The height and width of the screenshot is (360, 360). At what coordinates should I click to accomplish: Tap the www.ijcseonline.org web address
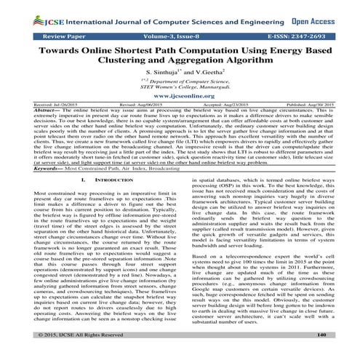pyautogui.click(x=180, y=114)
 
